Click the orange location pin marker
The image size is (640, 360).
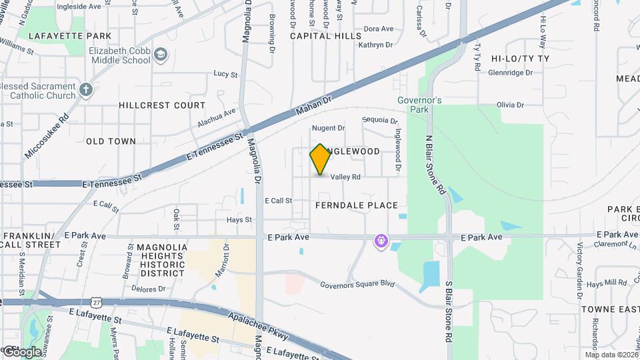click(320, 159)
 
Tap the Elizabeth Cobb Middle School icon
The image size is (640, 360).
click(160, 55)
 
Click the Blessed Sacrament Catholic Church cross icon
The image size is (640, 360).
click(85, 90)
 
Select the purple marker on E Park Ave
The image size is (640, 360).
click(381, 240)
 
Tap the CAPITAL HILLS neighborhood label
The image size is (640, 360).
click(325, 36)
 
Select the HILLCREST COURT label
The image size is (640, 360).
click(162, 105)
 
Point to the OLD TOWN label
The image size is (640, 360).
click(111, 141)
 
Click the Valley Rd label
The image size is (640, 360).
click(345, 177)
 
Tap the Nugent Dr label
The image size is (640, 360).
click(329, 128)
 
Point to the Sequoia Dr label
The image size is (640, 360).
click(379, 121)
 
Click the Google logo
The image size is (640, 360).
click(21, 351)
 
